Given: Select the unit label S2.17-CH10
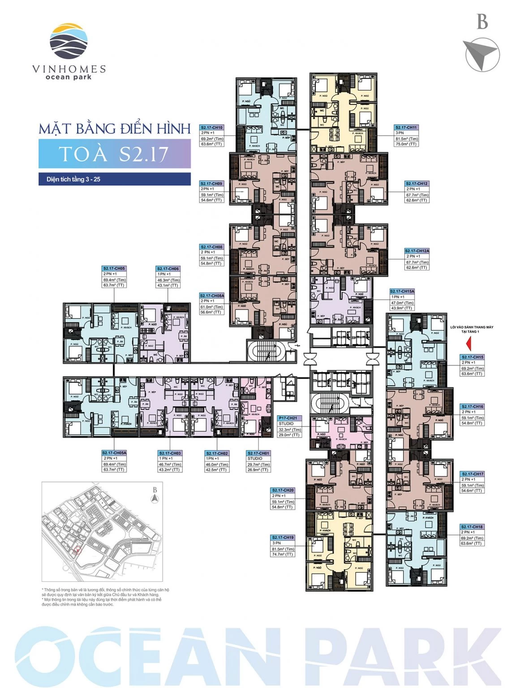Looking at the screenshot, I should click(212, 128).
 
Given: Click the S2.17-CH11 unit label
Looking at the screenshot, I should click(406, 128).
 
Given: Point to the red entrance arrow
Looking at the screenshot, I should click(469, 344).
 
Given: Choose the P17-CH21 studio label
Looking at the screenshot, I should click(288, 418).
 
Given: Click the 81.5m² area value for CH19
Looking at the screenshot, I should click(283, 549).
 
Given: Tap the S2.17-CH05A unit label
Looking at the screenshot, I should click(114, 453).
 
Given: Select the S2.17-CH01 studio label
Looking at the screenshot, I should click(258, 453).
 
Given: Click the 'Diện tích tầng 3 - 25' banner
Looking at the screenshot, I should click(114, 179).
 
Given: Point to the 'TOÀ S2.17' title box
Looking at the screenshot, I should click(114, 154).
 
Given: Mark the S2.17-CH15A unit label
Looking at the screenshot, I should click(402, 291).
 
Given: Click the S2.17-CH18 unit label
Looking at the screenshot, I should click(472, 527).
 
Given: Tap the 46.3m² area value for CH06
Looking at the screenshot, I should click(168, 280).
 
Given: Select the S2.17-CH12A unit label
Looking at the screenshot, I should click(417, 251).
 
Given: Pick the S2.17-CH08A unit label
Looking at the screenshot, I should click(212, 296).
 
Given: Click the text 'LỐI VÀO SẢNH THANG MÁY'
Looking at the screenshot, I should click(471, 327).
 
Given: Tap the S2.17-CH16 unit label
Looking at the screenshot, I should click(472, 407).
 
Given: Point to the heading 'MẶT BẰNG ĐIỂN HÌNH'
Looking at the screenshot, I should click(115, 129).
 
